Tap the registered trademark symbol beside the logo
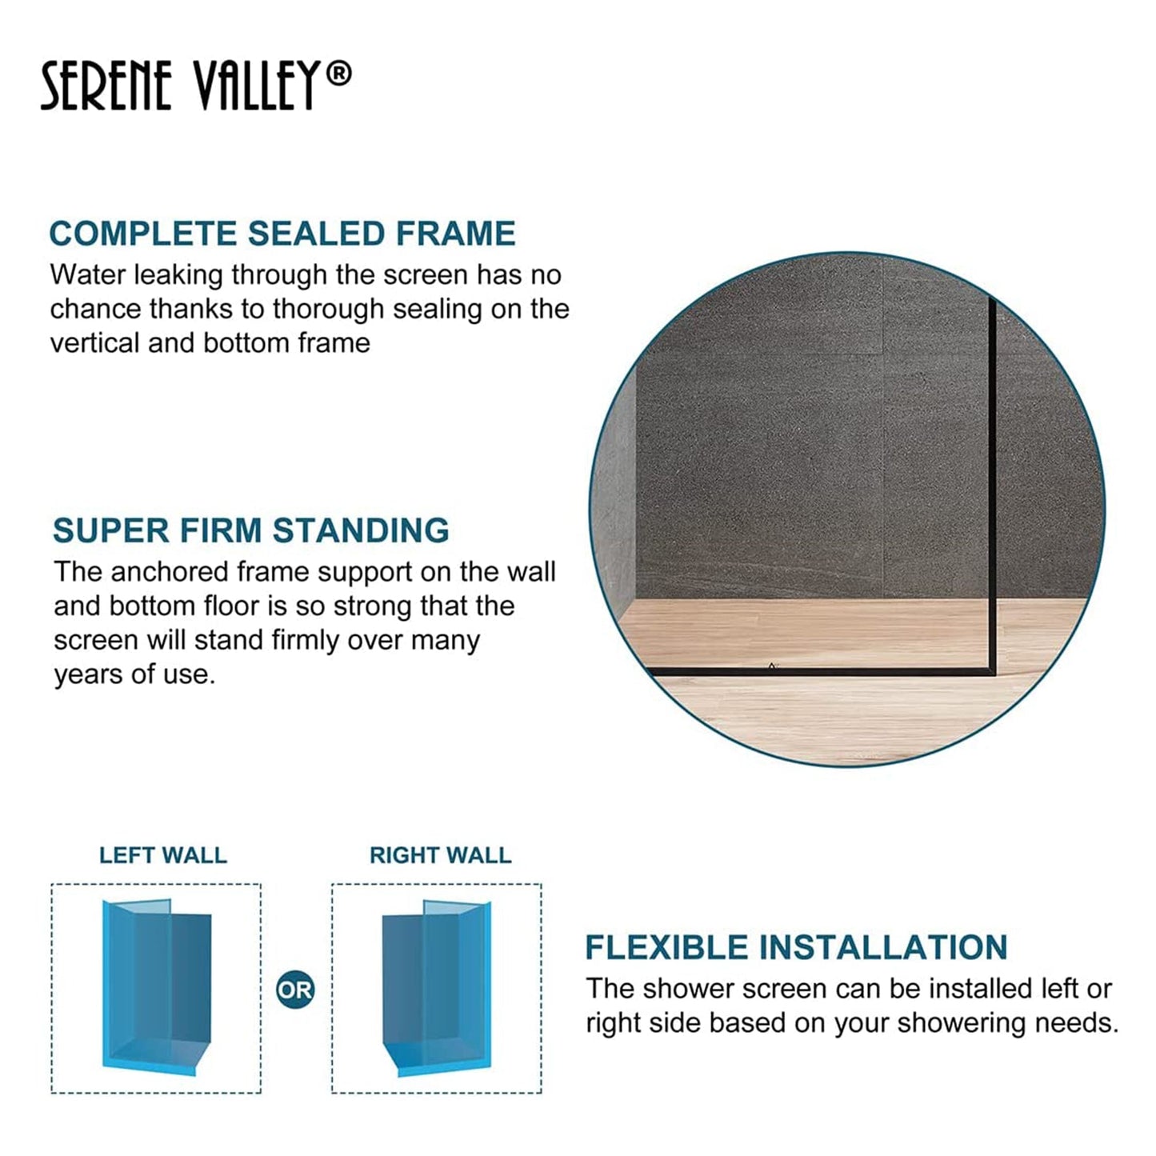339,74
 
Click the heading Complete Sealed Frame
282,234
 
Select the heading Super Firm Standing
251,530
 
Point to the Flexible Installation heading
796,947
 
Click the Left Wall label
163,855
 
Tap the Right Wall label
440,855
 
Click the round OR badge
295,990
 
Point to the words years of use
134,674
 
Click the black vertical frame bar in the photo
992,480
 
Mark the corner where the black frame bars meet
990,671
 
